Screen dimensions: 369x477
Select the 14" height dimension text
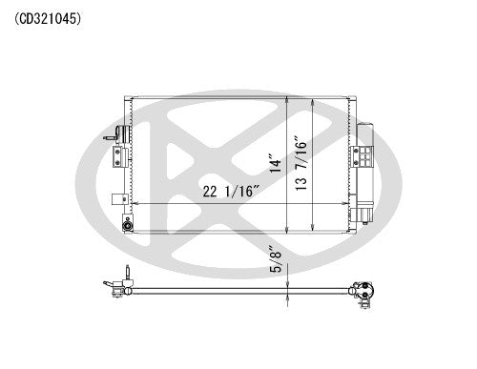click(277, 164)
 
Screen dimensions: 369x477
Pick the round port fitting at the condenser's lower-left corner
click(128, 225)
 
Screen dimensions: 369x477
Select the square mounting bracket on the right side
click(363, 155)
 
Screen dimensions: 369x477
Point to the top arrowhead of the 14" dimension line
click(288, 96)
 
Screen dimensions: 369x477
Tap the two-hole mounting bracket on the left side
click(118, 153)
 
